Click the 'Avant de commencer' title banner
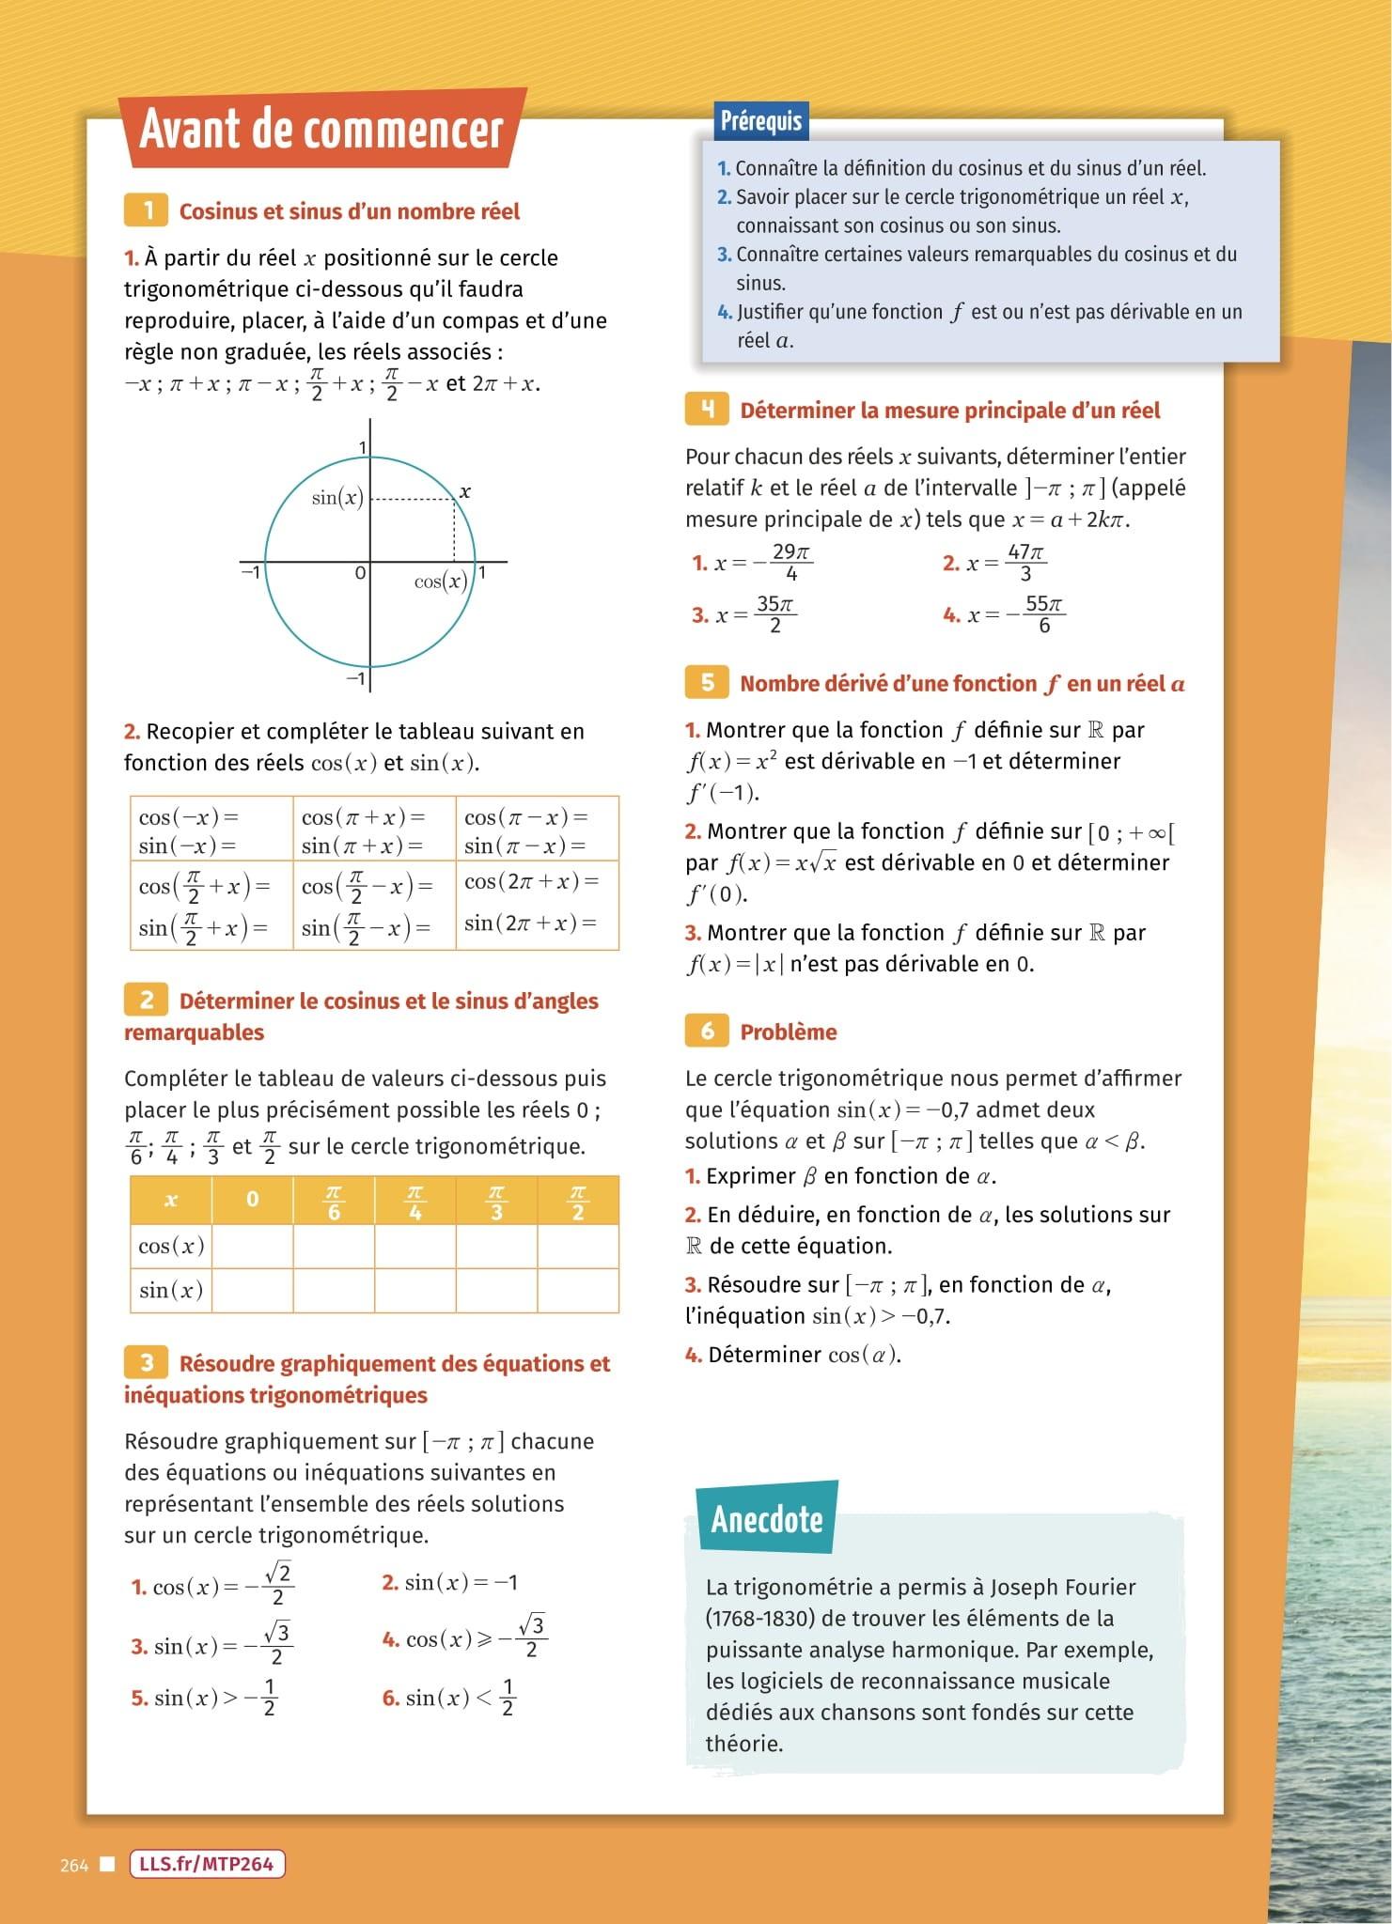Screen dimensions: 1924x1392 pyautogui.click(x=321, y=130)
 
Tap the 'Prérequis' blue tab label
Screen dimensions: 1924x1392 pyautogui.click(x=760, y=121)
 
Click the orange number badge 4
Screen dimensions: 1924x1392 pyautogui.click(x=708, y=409)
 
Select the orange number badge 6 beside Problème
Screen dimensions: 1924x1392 pyautogui.click(x=707, y=1031)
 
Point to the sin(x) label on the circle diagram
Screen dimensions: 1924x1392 pyautogui.click(x=337, y=497)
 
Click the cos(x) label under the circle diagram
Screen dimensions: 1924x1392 pyautogui.click(x=441, y=582)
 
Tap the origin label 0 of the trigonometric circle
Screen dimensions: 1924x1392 pyautogui.click(x=359, y=572)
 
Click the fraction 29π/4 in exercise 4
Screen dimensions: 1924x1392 pyautogui.click(x=790, y=563)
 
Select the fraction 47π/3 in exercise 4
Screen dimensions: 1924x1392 pyautogui.click(x=1024, y=563)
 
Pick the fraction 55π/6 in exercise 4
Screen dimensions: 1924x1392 pyautogui.click(x=1043, y=614)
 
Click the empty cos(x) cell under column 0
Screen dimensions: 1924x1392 pyautogui.click(x=252, y=1246)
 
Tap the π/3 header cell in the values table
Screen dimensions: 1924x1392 pyautogui.click(x=496, y=1201)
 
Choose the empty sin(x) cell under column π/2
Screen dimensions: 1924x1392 pyautogui.click(x=577, y=1290)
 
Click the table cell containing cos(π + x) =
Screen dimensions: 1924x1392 pyautogui.click(x=373, y=817)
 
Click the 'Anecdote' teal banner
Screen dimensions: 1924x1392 pyautogui.click(x=766, y=1518)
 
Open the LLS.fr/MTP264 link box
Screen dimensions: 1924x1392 pyautogui.click(x=206, y=1864)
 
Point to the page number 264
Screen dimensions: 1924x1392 pyautogui.click(x=73, y=1866)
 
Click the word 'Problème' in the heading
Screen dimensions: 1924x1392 pyautogui.click(x=788, y=1032)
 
